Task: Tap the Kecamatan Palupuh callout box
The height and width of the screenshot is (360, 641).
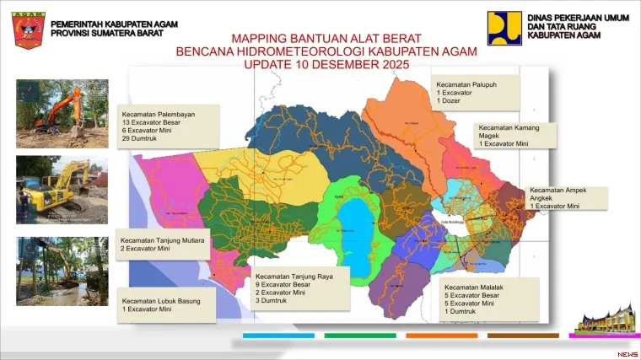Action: coord(475,92)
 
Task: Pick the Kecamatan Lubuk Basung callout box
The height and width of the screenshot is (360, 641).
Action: coord(166,305)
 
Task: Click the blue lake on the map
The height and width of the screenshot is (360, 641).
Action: coord(362,228)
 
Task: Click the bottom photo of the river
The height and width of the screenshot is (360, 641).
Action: coord(62,271)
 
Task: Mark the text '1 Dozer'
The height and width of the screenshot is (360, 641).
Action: coord(449,101)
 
